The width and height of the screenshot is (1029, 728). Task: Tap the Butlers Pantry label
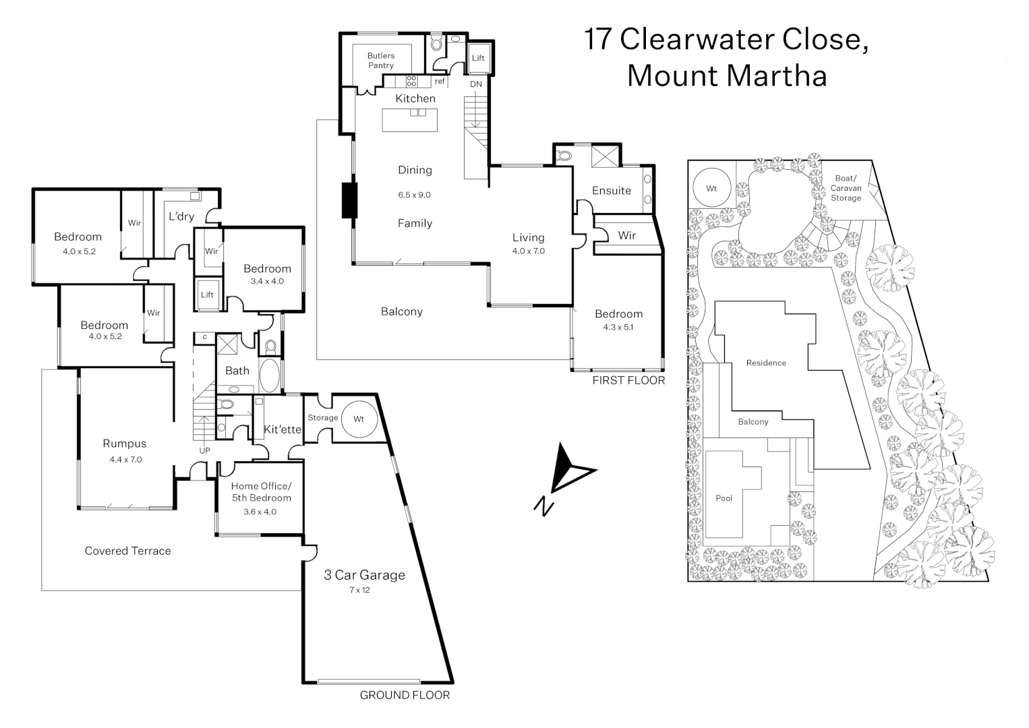(x=381, y=61)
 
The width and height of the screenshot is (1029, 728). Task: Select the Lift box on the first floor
(x=478, y=58)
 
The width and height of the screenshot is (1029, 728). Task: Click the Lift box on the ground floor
(x=207, y=295)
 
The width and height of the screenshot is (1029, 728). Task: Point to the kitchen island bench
(x=409, y=120)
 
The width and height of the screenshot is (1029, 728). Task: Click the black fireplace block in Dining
(x=349, y=200)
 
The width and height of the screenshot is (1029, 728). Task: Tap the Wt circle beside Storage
(x=359, y=419)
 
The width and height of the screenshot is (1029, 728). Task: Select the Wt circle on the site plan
(x=711, y=189)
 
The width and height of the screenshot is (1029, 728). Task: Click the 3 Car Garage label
(x=364, y=575)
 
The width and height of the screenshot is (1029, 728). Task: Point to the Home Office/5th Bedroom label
(x=261, y=492)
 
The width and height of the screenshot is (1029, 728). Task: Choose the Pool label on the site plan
(x=724, y=498)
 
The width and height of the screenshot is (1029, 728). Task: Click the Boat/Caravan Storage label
(x=846, y=188)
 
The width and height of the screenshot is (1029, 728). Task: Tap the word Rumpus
(x=125, y=444)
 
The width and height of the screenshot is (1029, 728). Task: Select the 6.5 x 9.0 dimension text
(x=414, y=195)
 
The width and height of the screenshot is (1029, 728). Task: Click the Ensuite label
(x=612, y=191)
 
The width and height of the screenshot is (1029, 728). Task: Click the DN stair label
(x=476, y=84)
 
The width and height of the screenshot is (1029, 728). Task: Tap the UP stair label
(x=204, y=450)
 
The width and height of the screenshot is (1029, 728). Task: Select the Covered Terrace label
(x=127, y=551)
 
